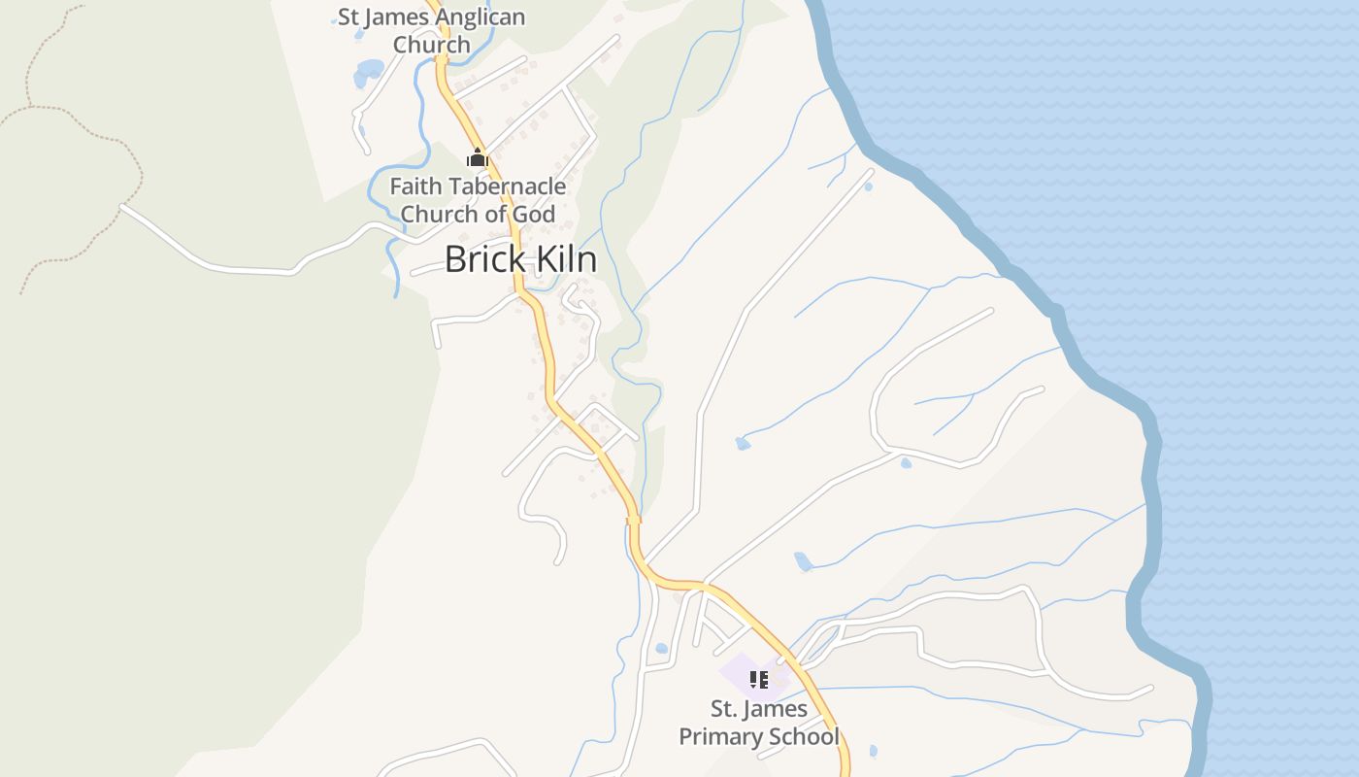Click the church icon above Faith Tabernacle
point(477,157)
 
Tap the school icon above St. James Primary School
point(759,680)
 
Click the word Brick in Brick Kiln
point(483,259)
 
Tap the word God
point(534,214)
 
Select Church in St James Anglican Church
point(431,45)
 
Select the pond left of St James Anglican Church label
point(370,70)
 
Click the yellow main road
point(546,359)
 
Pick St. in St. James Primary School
point(724,708)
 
